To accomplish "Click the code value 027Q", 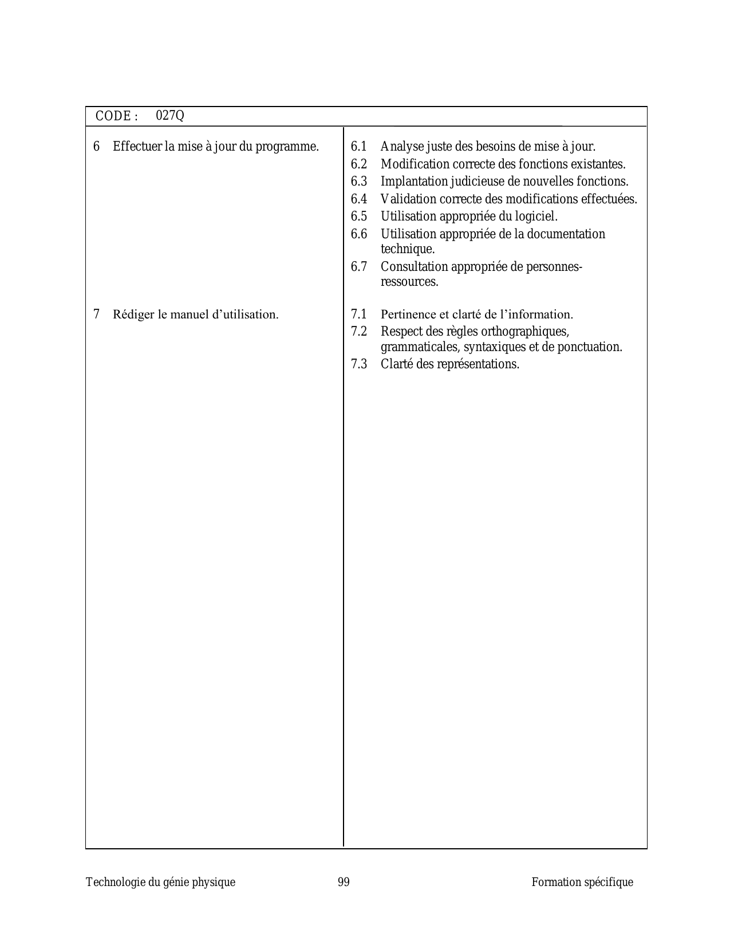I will click(x=170, y=116).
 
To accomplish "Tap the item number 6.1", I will click(x=359, y=147).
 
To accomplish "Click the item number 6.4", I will click(x=359, y=199).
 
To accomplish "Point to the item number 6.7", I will click(x=359, y=267).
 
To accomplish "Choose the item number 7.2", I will click(x=359, y=332).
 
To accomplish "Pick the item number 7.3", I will click(x=359, y=364).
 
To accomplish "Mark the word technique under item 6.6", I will click(x=408, y=250).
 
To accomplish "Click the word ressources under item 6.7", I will click(x=409, y=282).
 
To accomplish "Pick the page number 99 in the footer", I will click(x=344, y=882).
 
